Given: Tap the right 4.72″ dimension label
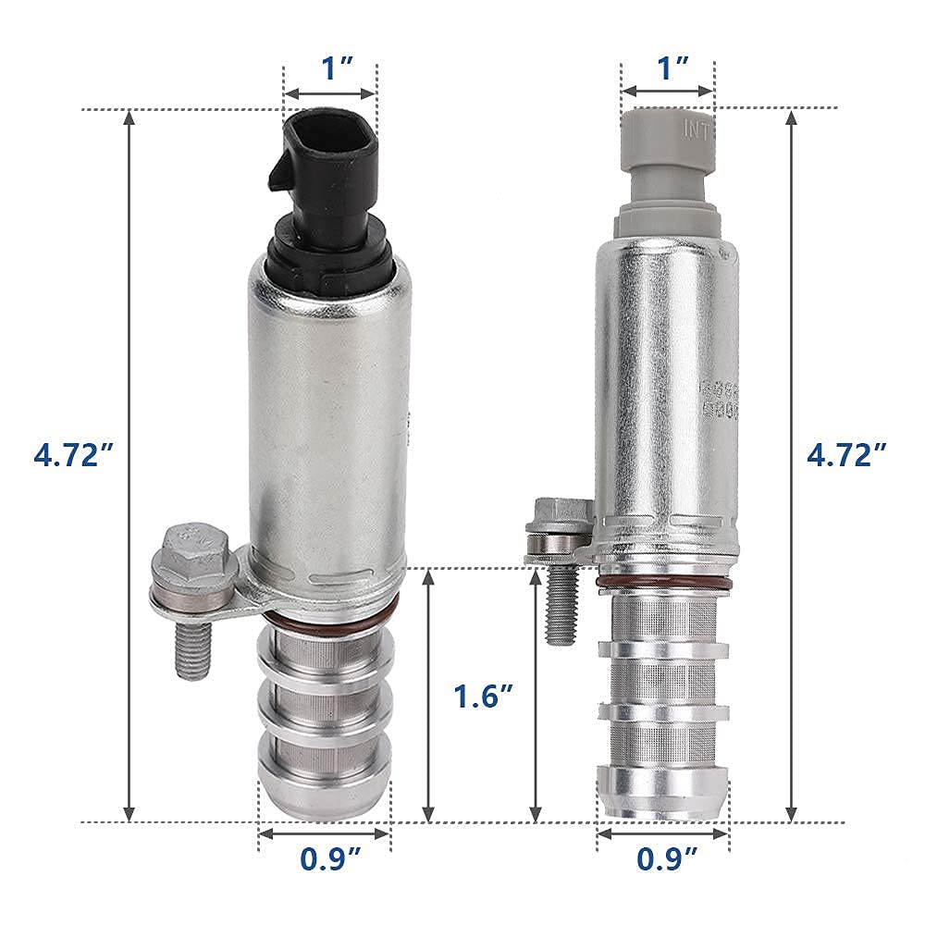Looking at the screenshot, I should pos(846,455).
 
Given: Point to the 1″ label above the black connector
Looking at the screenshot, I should pos(331,68).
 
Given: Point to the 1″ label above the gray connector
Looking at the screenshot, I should pos(668,68).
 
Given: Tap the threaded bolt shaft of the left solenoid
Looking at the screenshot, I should pos(191,647).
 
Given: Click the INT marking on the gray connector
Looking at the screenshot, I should pos(696,129).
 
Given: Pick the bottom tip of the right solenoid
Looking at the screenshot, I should pos(662,795).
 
